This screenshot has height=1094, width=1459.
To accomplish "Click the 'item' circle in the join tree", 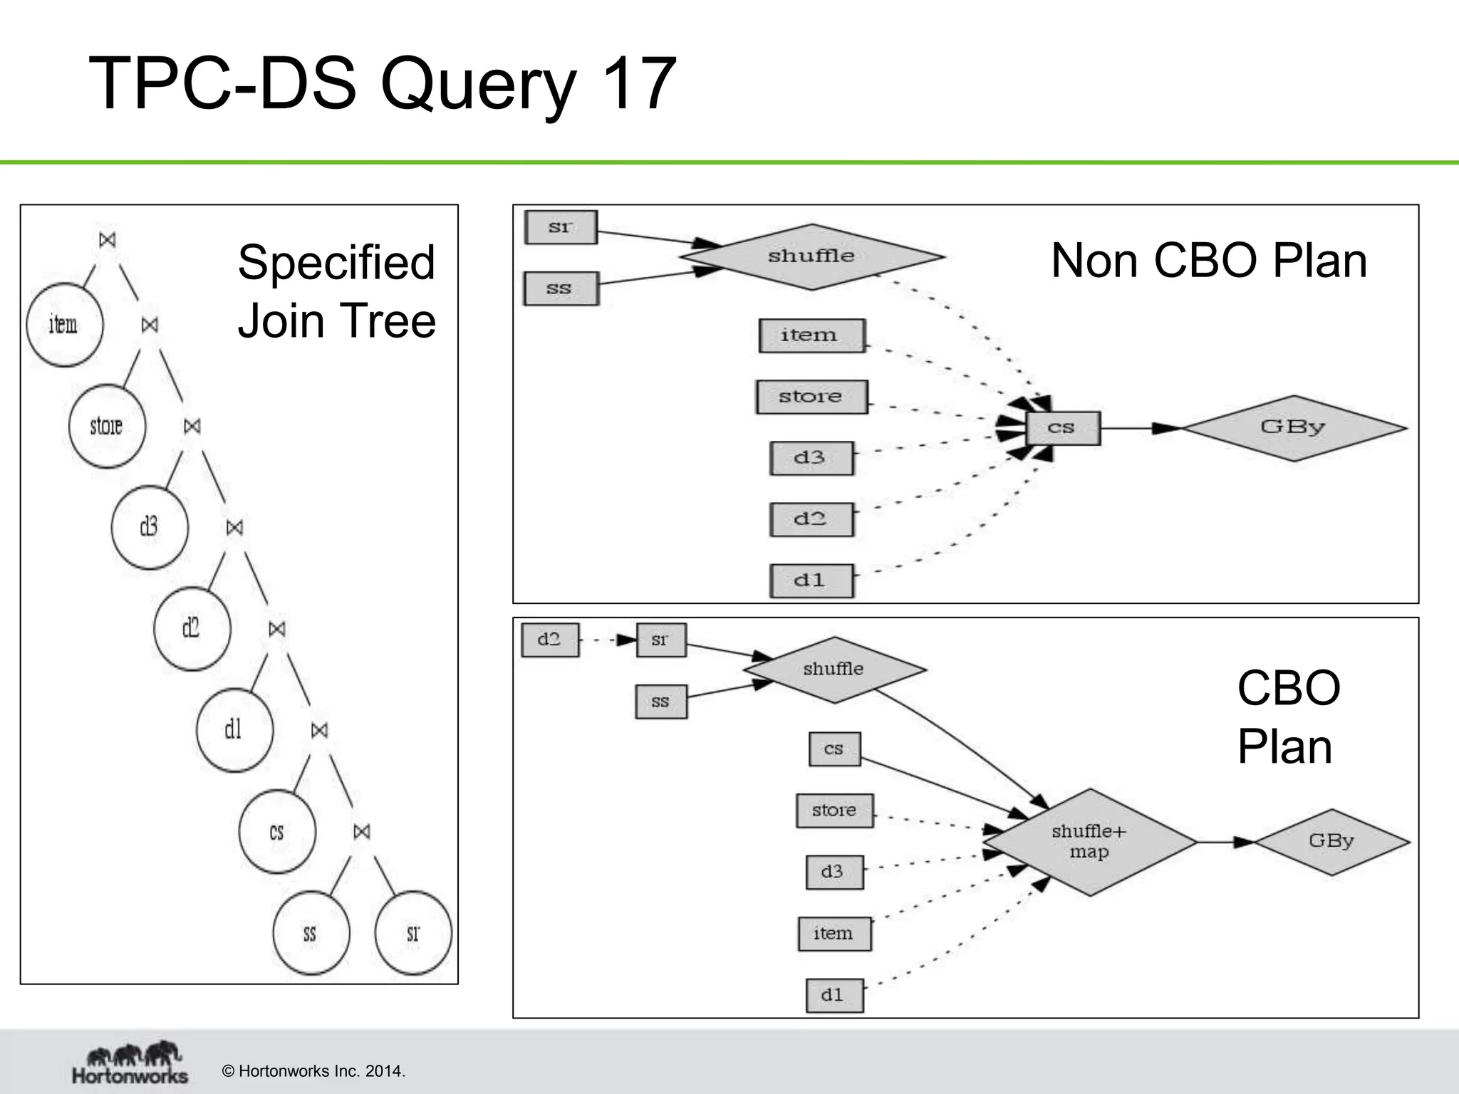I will click(64, 325).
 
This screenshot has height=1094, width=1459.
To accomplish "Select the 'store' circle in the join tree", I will click(107, 426).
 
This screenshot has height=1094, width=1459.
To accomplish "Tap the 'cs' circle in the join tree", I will click(277, 831).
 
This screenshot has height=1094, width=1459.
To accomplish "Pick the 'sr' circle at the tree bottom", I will click(413, 933).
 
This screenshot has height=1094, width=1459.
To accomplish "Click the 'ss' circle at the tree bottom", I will click(311, 933).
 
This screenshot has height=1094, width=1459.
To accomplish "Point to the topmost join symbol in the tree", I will click(108, 239).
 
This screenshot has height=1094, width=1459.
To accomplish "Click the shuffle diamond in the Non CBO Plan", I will click(811, 256).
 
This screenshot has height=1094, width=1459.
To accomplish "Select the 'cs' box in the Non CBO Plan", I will click(1063, 428).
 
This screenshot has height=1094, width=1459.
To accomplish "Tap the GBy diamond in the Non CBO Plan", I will click(1293, 427).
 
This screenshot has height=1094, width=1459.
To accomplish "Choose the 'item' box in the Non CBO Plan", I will click(811, 335).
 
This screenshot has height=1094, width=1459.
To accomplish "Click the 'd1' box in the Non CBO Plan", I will click(811, 580).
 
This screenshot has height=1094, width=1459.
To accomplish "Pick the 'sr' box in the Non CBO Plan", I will click(561, 227).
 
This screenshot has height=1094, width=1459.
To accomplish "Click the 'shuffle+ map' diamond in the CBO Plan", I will click(1089, 842).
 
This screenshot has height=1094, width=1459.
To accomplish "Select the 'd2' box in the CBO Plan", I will click(549, 640).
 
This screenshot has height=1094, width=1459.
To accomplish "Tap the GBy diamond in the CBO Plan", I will click(1331, 841).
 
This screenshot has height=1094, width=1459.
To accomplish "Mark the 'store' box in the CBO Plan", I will click(834, 811).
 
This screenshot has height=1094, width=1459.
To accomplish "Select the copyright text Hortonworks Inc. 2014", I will click(313, 1071).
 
